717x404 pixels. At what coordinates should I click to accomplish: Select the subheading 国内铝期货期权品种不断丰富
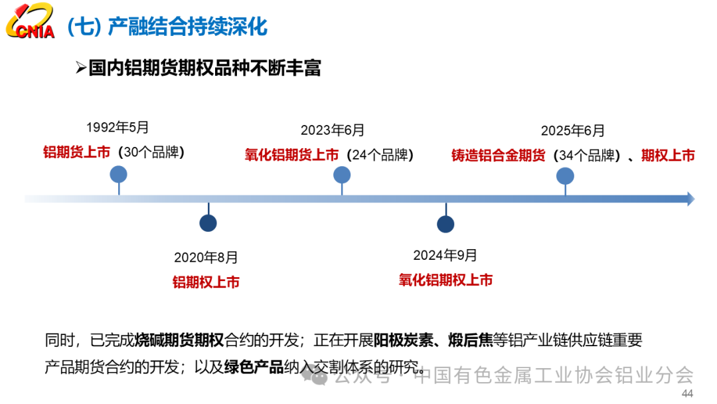(204, 68)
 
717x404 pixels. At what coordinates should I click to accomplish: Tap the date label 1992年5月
(118, 127)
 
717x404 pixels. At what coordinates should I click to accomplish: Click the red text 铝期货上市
(76, 152)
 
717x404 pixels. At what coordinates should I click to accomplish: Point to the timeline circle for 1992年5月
(119, 174)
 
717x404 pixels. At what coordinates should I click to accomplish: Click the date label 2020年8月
(206, 257)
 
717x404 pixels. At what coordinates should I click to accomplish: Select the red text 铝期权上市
(206, 282)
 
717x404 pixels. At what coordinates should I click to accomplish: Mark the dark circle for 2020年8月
(208, 224)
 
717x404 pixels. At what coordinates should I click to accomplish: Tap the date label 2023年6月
(333, 130)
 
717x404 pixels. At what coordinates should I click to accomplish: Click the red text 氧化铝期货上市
(291, 155)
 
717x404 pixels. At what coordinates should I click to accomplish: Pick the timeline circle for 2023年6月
(342, 175)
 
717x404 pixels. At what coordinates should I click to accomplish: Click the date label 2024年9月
(445, 255)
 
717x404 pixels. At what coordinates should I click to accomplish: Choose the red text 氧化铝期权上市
(445, 280)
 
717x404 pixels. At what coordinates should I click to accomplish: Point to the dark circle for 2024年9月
(445, 225)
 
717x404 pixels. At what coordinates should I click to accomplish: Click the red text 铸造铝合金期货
(498, 155)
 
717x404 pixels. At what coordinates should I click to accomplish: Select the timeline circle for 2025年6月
(565, 175)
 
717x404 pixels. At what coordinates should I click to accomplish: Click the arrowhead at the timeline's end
(690, 199)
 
